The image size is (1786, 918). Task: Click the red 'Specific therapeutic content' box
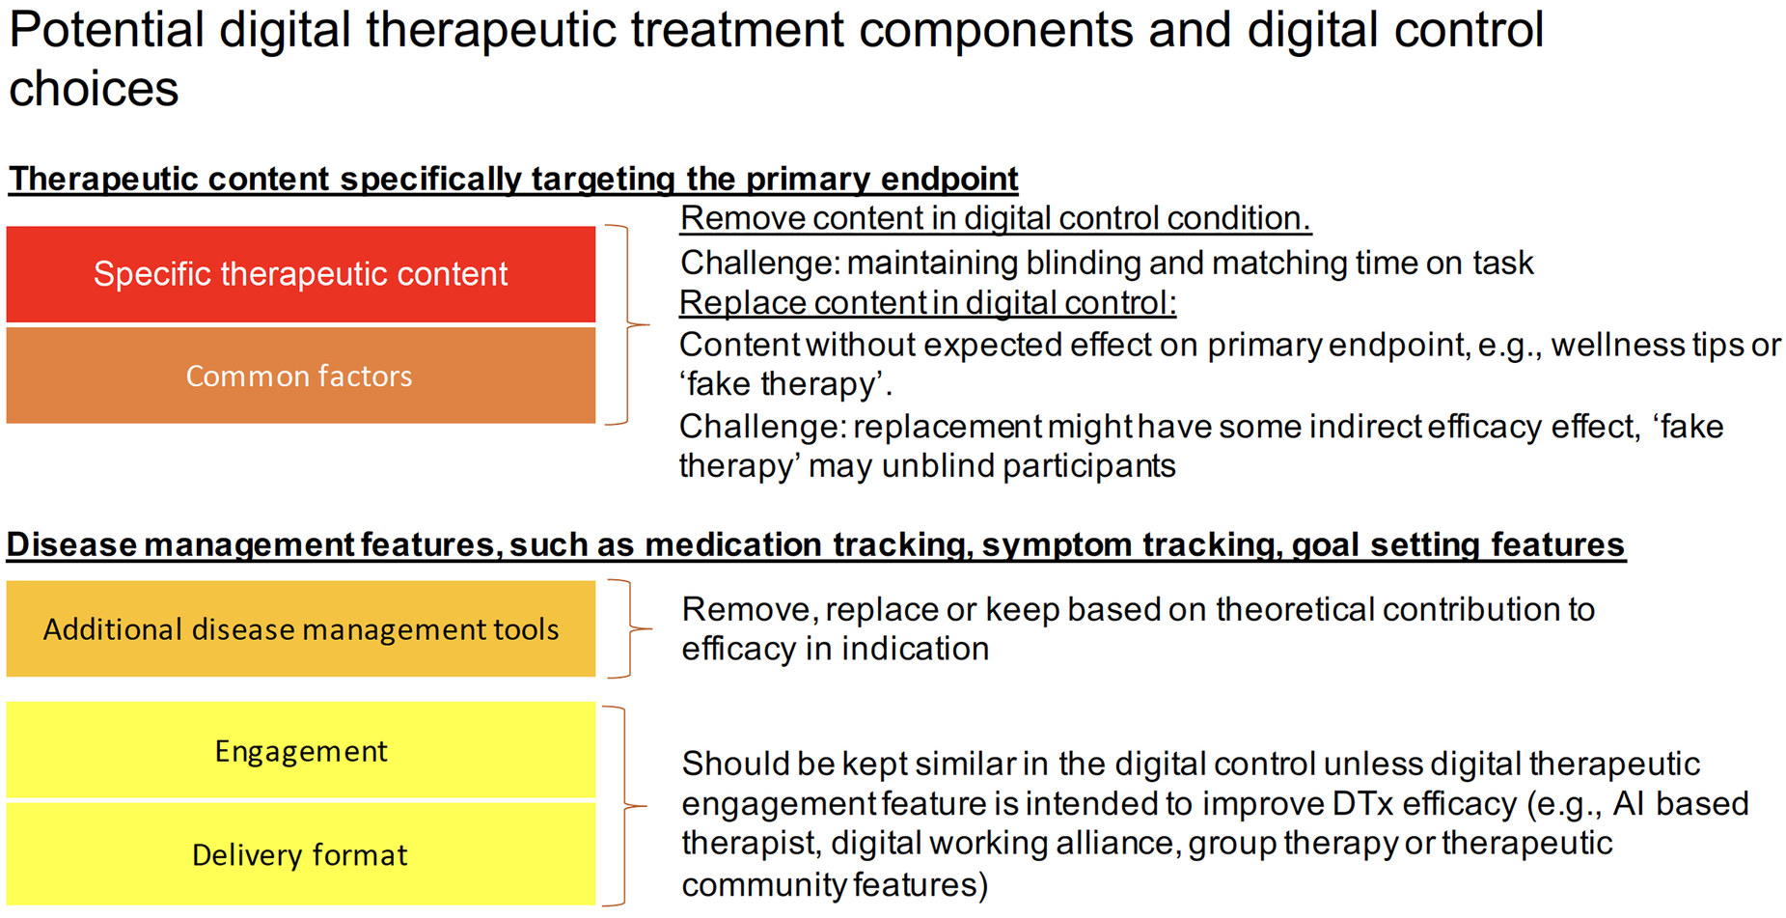(x=301, y=274)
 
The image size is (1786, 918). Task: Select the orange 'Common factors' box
(x=301, y=376)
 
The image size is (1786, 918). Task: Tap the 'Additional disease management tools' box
(x=301, y=628)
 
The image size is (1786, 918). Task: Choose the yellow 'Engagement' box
(x=301, y=750)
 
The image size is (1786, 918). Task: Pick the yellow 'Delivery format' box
(x=301, y=854)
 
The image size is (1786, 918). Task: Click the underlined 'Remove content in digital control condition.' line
(x=996, y=219)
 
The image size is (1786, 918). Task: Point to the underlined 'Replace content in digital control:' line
(x=927, y=303)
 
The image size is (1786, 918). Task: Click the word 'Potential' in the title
(x=107, y=29)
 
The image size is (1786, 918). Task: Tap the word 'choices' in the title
(x=94, y=89)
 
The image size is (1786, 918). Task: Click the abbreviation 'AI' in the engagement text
(x=1629, y=804)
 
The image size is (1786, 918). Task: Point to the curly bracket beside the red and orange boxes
(x=628, y=325)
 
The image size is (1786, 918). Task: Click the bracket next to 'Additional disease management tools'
(x=630, y=628)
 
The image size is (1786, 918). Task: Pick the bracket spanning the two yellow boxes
(x=624, y=805)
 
